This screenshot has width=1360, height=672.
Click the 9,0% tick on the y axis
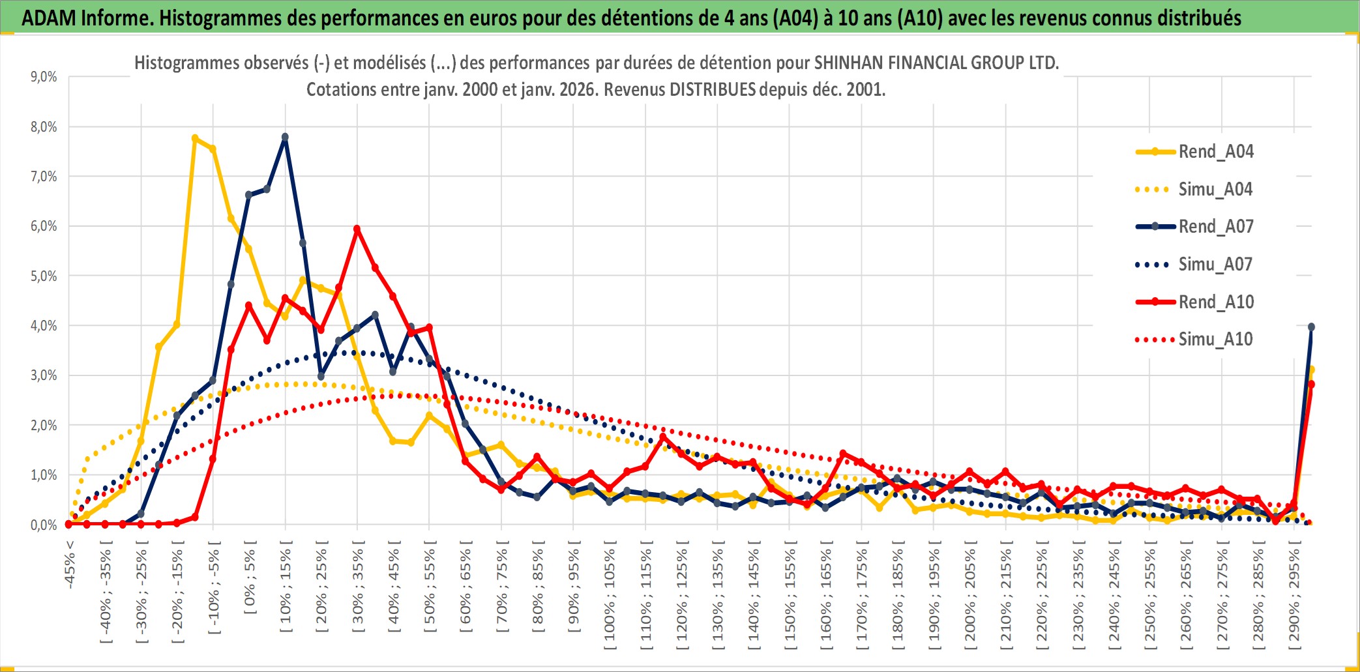coord(44,77)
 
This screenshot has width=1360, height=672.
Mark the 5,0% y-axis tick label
coord(44,276)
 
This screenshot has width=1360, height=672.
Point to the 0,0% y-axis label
coord(44,525)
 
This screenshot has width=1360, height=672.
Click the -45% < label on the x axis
coord(70,564)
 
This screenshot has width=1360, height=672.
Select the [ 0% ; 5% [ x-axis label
coord(250,577)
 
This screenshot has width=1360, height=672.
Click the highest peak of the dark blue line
coord(285,138)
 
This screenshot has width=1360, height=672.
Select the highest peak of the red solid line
coord(357,229)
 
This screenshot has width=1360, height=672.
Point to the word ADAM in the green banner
coord(48,18)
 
